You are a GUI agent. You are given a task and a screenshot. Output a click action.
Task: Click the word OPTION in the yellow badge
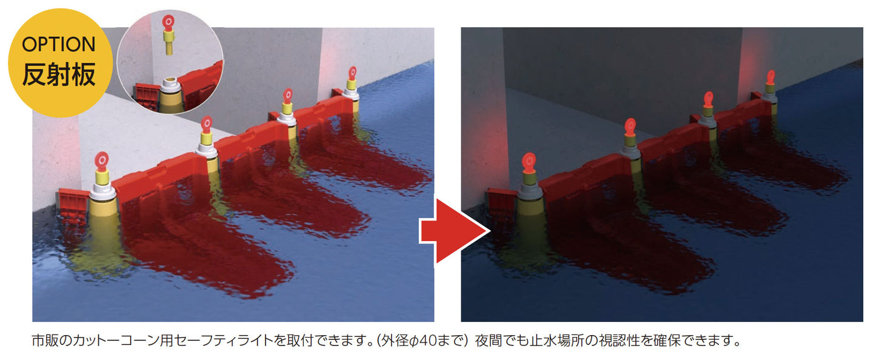coord(59,44)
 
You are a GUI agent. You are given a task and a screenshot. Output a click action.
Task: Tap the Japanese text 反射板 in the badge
coord(59,75)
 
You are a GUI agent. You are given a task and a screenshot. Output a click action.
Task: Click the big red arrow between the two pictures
coord(455,231)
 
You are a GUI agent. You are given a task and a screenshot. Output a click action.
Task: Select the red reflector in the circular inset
coord(169,24)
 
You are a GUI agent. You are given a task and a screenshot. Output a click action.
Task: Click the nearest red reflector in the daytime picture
coord(102,161)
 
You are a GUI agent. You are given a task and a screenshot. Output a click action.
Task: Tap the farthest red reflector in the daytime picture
coord(352,73)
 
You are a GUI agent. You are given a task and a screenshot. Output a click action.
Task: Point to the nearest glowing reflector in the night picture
coord(529,162)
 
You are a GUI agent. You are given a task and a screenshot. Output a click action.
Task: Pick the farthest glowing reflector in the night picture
coord(771,77)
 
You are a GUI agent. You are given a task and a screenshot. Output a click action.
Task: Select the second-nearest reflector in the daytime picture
coord(207,124)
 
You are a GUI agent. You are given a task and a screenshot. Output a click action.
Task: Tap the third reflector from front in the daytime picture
coord(288,96)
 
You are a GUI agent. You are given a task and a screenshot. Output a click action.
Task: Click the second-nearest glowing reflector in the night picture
coord(630,127)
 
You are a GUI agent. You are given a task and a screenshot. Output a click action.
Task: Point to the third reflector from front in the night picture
coord(708,99)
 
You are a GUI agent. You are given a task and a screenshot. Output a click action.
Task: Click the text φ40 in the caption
coord(421,341)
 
